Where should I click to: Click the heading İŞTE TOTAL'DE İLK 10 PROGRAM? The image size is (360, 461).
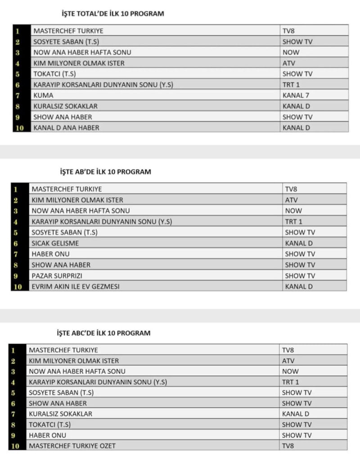coord(112,14)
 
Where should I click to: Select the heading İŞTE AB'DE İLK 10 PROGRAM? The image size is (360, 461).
coord(105,172)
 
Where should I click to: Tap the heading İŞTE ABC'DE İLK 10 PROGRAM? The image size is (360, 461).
coord(103,333)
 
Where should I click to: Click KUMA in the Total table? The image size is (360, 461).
coord(43,95)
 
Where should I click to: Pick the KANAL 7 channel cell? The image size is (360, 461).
coord(296,95)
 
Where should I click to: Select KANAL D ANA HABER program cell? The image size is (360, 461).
coord(66,128)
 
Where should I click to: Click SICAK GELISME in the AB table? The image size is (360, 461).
coord(55,243)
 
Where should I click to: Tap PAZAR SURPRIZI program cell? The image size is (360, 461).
coord(57,276)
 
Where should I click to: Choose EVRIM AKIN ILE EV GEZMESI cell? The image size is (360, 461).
coord(76,286)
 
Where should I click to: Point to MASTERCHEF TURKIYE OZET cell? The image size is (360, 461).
coord(72,446)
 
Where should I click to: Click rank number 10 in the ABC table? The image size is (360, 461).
coord(16,446)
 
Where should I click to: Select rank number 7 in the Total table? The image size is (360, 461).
coord(18,95)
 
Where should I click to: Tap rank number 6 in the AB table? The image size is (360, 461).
coord(15,243)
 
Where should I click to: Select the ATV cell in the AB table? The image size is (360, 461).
coord(291,200)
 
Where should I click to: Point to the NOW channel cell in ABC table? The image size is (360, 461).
coord(290,371)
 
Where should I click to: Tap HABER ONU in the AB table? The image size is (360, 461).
coord(50,254)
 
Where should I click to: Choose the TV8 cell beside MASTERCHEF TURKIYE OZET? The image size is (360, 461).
coord(288,446)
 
